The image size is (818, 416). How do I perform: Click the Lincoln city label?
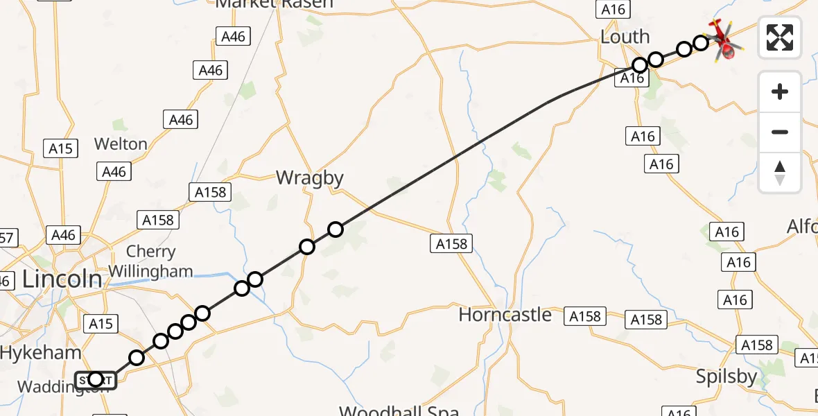click(x=62, y=279)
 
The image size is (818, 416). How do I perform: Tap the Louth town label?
click(x=625, y=37)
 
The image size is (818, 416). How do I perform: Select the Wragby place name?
click(x=309, y=178)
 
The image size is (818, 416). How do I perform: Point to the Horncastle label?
click(x=505, y=315)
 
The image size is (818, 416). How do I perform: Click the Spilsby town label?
click(x=726, y=376)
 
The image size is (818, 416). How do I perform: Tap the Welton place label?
click(x=121, y=144)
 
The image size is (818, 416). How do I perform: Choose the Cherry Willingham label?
click(x=150, y=261)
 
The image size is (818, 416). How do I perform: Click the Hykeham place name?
click(x=40, y=352)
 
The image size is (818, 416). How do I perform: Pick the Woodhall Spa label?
click(x=399, y=409)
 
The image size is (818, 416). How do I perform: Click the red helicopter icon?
click(x=722, y=40)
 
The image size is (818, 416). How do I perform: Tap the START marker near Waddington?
click(x=96, y=379)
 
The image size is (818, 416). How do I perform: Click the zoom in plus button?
click(x=780, y=92)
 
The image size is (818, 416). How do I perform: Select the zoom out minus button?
click(x=780, y=132)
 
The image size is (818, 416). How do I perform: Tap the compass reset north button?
click(x=780, y=172)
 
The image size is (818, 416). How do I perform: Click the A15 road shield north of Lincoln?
click(x=61, y=148)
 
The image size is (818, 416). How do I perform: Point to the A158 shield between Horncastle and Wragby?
click(x=452, y=243)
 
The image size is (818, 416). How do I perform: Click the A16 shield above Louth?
click(x=613, y=9)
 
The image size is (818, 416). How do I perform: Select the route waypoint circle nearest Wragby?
click(x=336, y=229)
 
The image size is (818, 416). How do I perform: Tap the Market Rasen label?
click(x=275, y=3)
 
